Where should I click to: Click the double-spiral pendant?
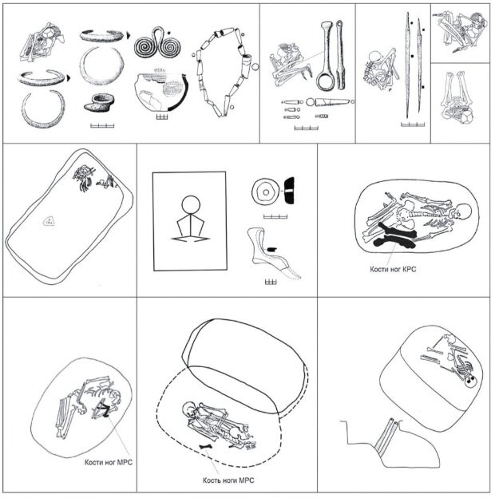[x=157, y=45]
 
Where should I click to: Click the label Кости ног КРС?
[x=393, y=269]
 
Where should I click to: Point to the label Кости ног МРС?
[x=109, y=462]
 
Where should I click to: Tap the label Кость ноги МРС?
[x=228, y=480]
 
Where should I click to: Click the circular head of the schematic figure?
[x=191, y=205]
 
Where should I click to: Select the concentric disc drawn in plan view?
[x=266, y=192]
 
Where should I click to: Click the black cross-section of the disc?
[x=289, y=192]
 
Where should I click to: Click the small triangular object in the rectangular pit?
[x=49, y=221]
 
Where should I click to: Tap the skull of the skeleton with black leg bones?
[x=464, y=211]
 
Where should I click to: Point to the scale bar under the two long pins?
[x=413, y=125]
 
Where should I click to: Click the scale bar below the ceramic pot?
[x=162, y=117]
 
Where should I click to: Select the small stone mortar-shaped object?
[x=99, y=103]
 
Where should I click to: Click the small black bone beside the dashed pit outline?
[x=207, y=447]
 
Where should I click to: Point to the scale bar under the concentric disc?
[x=275, y=217]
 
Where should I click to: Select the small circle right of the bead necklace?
[x=255, y=67]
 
